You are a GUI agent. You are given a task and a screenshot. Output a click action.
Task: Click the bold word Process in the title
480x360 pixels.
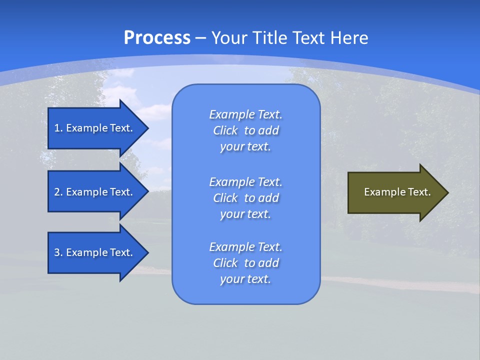point(157,38)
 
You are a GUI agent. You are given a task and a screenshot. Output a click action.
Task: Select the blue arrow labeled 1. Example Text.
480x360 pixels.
point(95,128)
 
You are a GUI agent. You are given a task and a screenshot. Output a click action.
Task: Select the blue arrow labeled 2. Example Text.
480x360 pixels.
point(95,192)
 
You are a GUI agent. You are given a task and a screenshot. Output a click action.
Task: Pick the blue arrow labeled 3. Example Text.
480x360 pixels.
point(95,252)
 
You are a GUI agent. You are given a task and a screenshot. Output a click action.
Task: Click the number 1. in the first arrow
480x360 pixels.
point(58,128)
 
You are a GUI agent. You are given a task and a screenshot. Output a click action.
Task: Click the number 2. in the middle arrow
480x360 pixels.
point(58,192)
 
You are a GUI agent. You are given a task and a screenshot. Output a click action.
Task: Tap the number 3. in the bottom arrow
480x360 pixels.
point(58,252)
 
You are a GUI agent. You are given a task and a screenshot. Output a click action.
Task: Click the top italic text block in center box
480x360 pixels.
point(245,130)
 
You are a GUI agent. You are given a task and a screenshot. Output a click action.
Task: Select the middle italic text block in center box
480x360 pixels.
point(245,198)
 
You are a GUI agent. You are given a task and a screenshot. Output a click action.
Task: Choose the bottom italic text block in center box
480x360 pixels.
point(245,263)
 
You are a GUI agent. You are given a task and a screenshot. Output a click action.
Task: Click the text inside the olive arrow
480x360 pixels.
point(397,192)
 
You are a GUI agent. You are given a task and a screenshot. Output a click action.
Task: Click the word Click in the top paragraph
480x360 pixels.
point(225,130)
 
